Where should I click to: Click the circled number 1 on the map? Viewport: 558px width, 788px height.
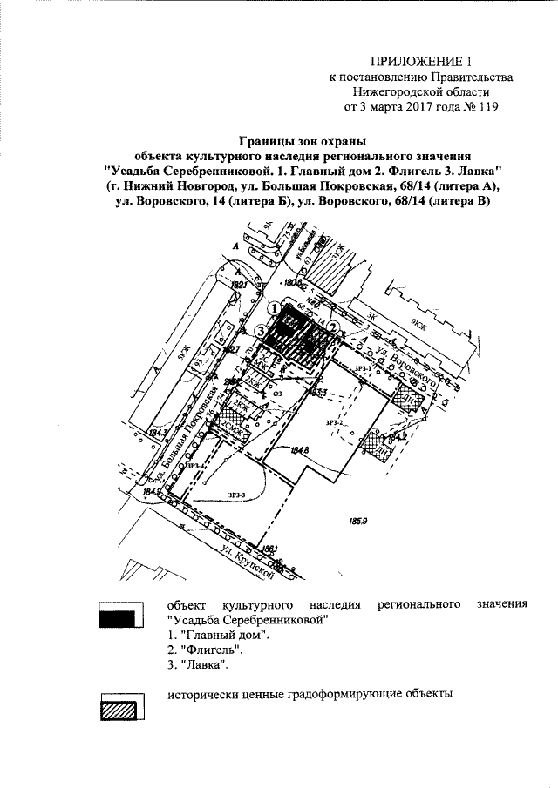click(274, 308)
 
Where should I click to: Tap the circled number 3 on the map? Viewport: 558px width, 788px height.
click(262, 330)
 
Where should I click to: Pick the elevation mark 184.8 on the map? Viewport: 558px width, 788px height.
click(301, 450)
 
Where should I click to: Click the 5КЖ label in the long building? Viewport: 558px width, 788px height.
click(184, 349)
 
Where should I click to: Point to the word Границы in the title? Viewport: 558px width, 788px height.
click(265, 141)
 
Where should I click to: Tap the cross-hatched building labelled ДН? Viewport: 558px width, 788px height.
click(409, 399)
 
